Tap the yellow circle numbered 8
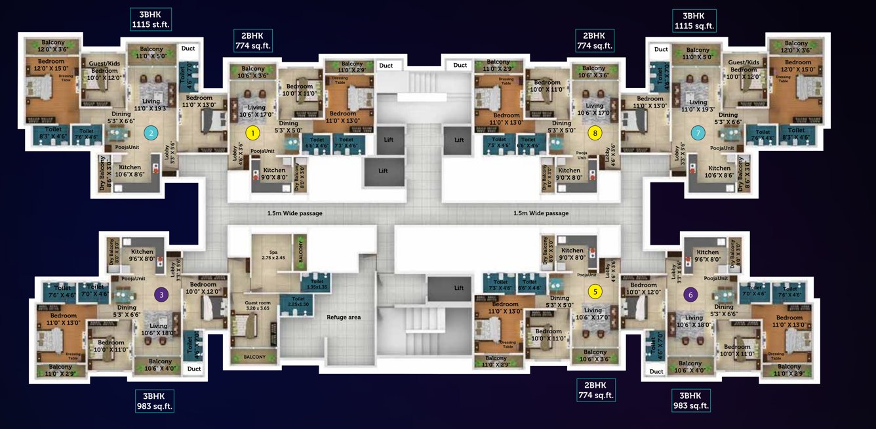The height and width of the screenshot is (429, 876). (595, 133)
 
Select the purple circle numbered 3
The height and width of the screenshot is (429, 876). (161, 295)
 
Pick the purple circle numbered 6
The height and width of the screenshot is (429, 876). (692, 295)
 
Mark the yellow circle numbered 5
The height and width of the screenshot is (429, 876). (595, 292)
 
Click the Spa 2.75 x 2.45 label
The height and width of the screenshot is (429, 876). (273, 255)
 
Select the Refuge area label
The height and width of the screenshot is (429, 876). (344, 317)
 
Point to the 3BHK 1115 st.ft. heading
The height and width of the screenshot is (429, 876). (151, 20)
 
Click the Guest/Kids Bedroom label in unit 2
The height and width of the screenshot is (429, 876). (104, 70)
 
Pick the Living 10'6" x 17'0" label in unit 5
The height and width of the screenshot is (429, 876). (592, 314)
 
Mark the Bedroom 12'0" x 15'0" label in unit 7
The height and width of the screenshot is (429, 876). (797, 65)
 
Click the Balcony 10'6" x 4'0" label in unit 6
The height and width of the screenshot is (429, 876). (690, 367)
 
